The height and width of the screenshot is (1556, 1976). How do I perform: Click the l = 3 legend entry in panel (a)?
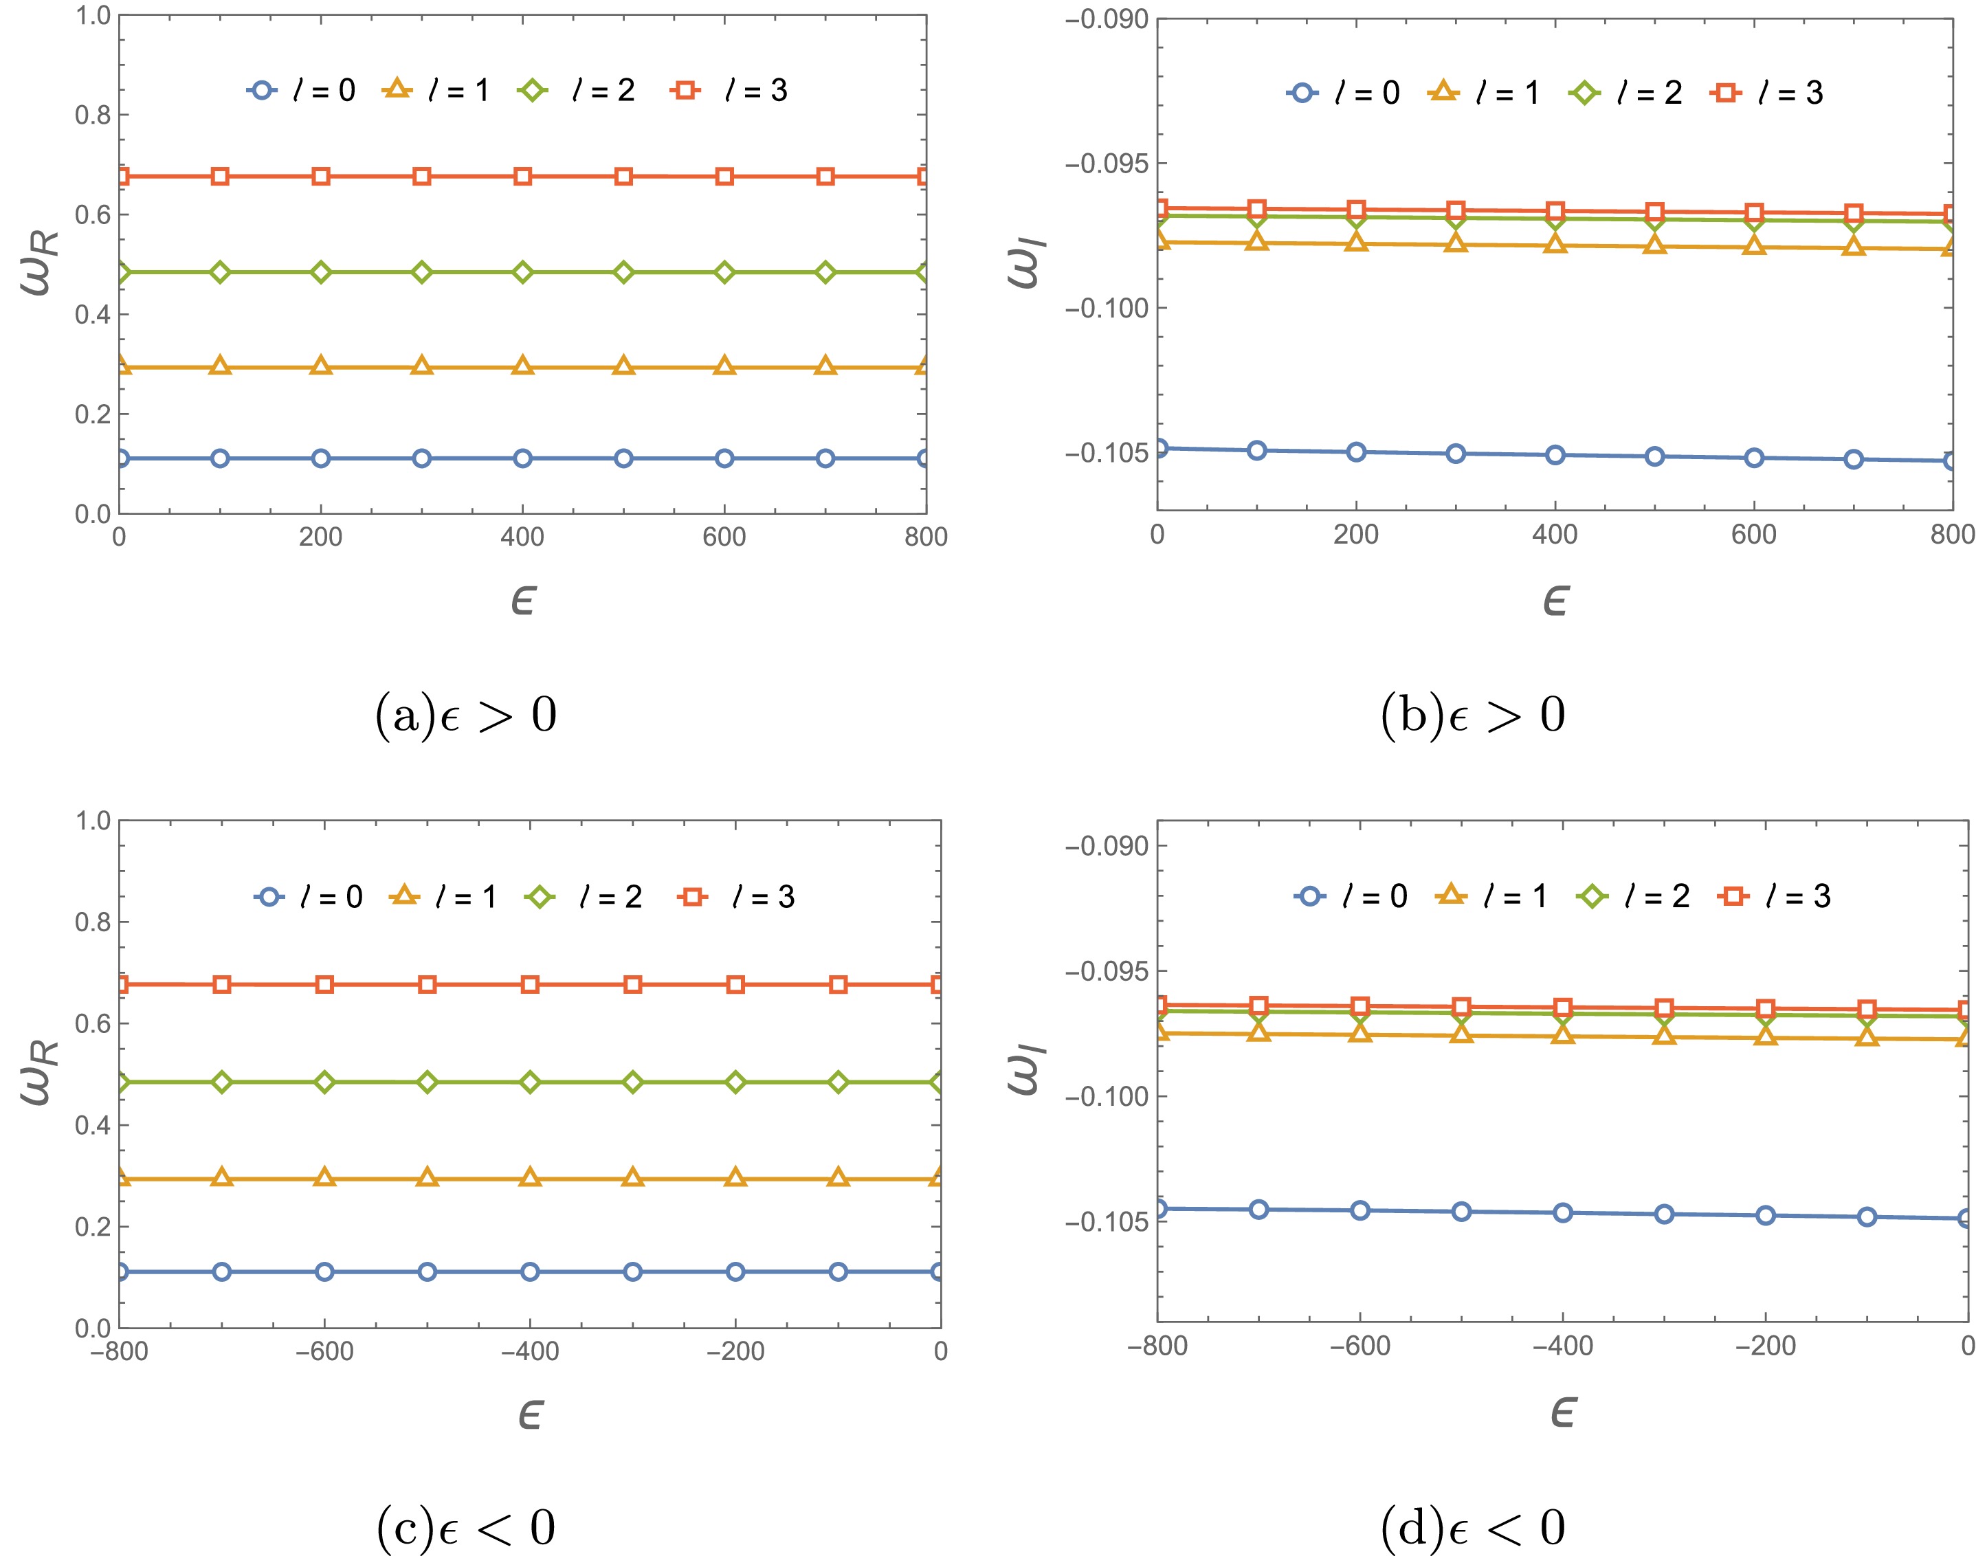tap(729, 90)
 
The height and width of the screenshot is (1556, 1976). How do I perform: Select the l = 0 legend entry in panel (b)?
tap(1343, 92)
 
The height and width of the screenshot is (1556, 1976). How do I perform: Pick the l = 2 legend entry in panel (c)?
tap(583, 898)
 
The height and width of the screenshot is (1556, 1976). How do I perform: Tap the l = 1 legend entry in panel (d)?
tap(1491, 896)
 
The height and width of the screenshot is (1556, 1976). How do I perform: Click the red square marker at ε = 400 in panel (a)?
tap(522, 176)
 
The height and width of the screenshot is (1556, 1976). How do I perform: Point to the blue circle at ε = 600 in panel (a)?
tap(724, 458)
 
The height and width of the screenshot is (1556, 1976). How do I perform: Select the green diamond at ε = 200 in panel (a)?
tap(321, 272)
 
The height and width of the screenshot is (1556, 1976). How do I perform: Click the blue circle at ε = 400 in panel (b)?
tap(1555, 454)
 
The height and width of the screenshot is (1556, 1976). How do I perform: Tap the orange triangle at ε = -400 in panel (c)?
tap(530, 1178)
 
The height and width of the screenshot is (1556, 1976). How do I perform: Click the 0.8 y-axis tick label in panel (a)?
tap(92, 115)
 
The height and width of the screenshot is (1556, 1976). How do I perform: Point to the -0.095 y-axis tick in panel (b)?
tap(1106, 164)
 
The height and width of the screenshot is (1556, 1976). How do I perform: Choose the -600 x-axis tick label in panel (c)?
tap(324, 1351)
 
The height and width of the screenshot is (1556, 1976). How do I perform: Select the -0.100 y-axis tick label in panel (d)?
tap(1106, 1096)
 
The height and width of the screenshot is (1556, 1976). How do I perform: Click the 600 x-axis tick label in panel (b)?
tap(1754, 535)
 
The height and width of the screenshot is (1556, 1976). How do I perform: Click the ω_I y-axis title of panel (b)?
tap(1030, 263)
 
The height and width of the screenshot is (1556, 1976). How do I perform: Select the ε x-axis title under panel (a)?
tap(523, 601)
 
